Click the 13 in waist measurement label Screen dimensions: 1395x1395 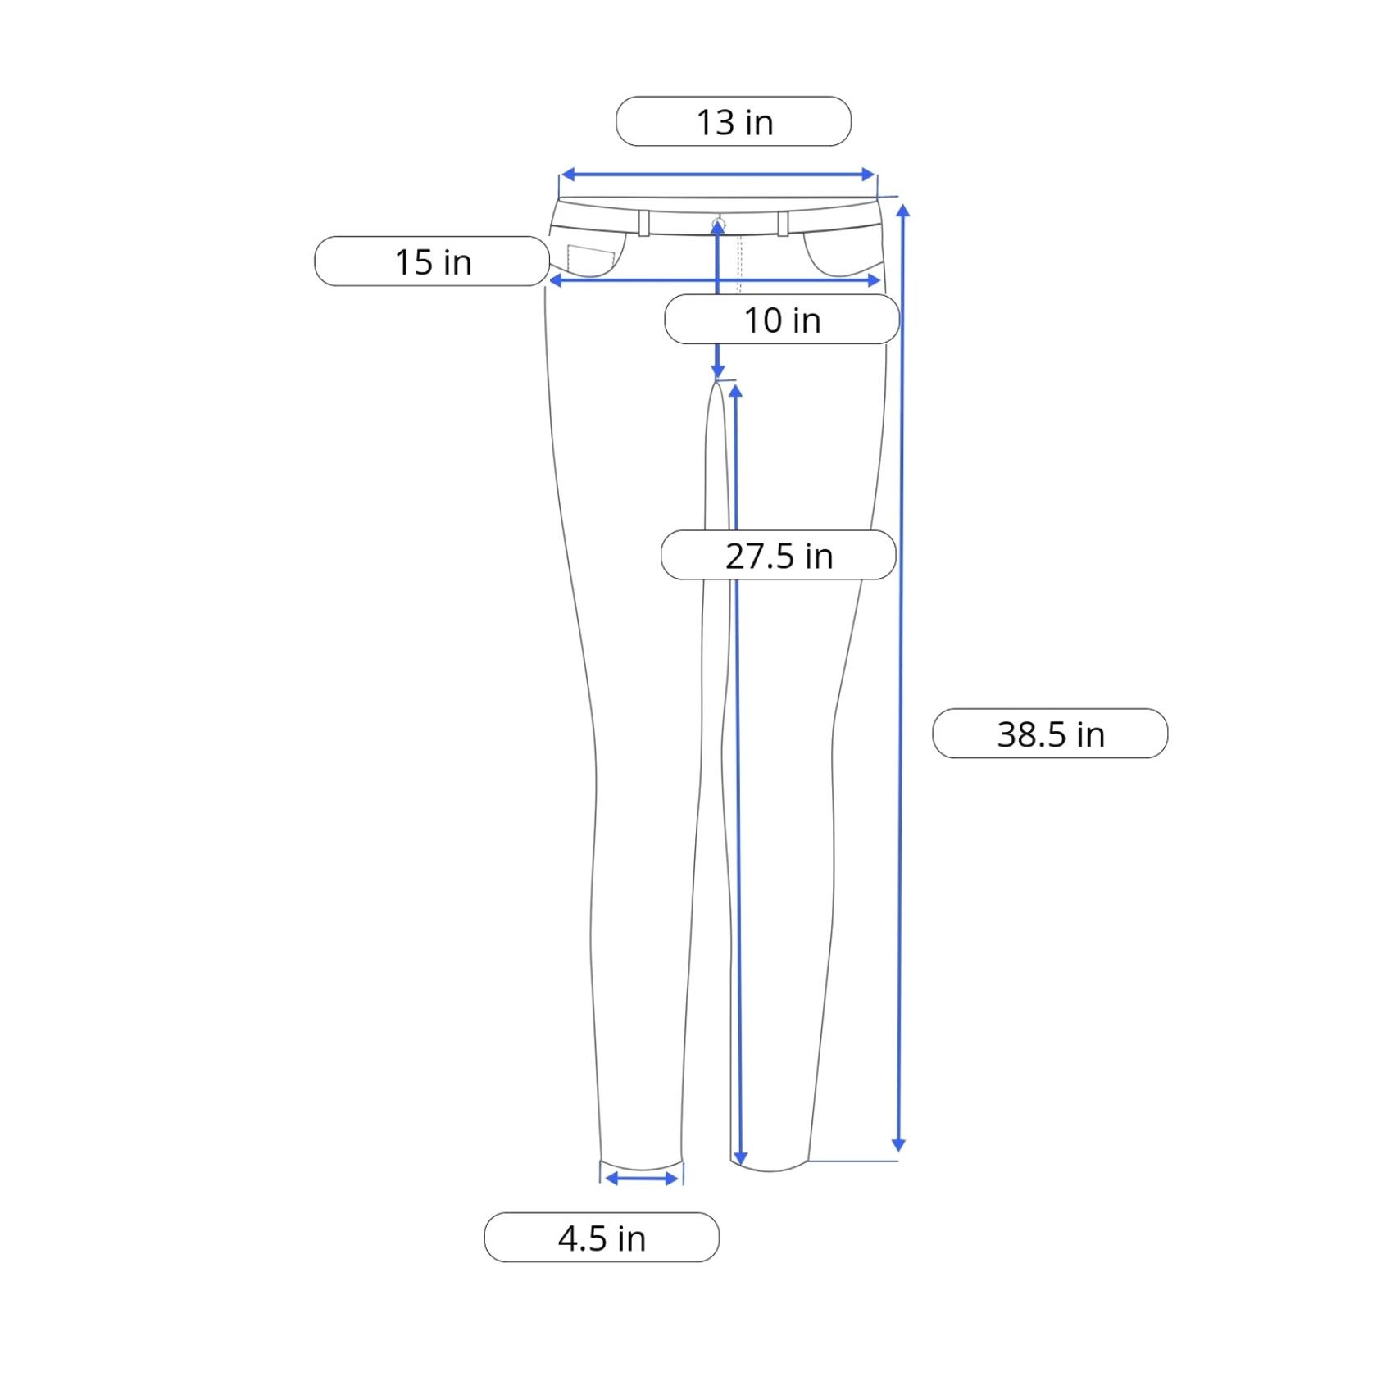tap(734, 122)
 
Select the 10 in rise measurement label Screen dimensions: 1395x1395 tap(782, 320)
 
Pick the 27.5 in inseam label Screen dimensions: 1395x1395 tap(779, 556)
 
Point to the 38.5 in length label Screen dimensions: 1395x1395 tap(1050, 734)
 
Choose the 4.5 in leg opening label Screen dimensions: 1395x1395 tap(602, 1238)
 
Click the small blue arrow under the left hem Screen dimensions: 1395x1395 tap(642, 1179)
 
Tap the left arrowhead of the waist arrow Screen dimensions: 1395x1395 tap(567, 175)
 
